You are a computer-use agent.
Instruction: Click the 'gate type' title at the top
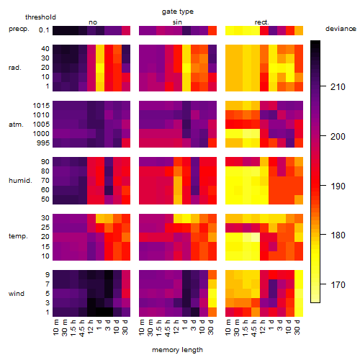[178, 12]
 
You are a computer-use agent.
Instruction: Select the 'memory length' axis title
[177, 350]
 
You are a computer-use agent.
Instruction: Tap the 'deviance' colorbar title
[341, 29]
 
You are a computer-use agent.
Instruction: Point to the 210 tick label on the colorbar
[338, 87]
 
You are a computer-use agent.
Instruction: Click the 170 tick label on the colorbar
[338, 285]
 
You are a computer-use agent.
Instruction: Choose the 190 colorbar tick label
[338, 186]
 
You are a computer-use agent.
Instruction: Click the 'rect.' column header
[261, 22]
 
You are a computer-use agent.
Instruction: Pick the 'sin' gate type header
[177, 22]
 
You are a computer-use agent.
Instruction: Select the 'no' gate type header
[93, 22]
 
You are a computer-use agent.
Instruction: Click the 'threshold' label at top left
[40, 17]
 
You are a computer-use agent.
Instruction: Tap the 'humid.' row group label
[20, 181]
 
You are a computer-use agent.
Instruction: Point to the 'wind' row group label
[17, 294]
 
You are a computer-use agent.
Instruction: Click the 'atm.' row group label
[16, 125]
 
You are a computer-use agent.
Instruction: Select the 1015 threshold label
[41, 106]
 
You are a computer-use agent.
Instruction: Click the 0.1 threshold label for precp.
[44, 30]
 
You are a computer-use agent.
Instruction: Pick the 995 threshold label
[43, 143]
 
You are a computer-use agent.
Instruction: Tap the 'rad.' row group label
[15, 68]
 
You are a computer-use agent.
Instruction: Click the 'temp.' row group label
[18, 236]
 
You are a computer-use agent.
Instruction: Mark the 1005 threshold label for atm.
[41, 125]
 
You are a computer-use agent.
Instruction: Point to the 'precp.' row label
[19, 29]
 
